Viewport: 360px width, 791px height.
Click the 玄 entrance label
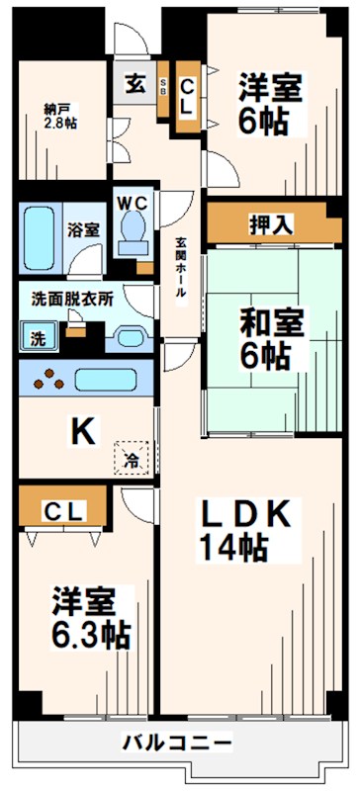[x=135, y=85]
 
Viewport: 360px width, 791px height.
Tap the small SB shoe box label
[x=163, y=84]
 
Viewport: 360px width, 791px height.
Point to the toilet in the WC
[x=130, y=229]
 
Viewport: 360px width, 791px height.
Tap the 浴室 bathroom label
[x=83, y=229]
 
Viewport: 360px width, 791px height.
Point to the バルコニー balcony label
[x=178, y=742]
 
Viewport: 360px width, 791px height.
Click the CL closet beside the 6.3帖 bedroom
[x=65, y=510]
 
